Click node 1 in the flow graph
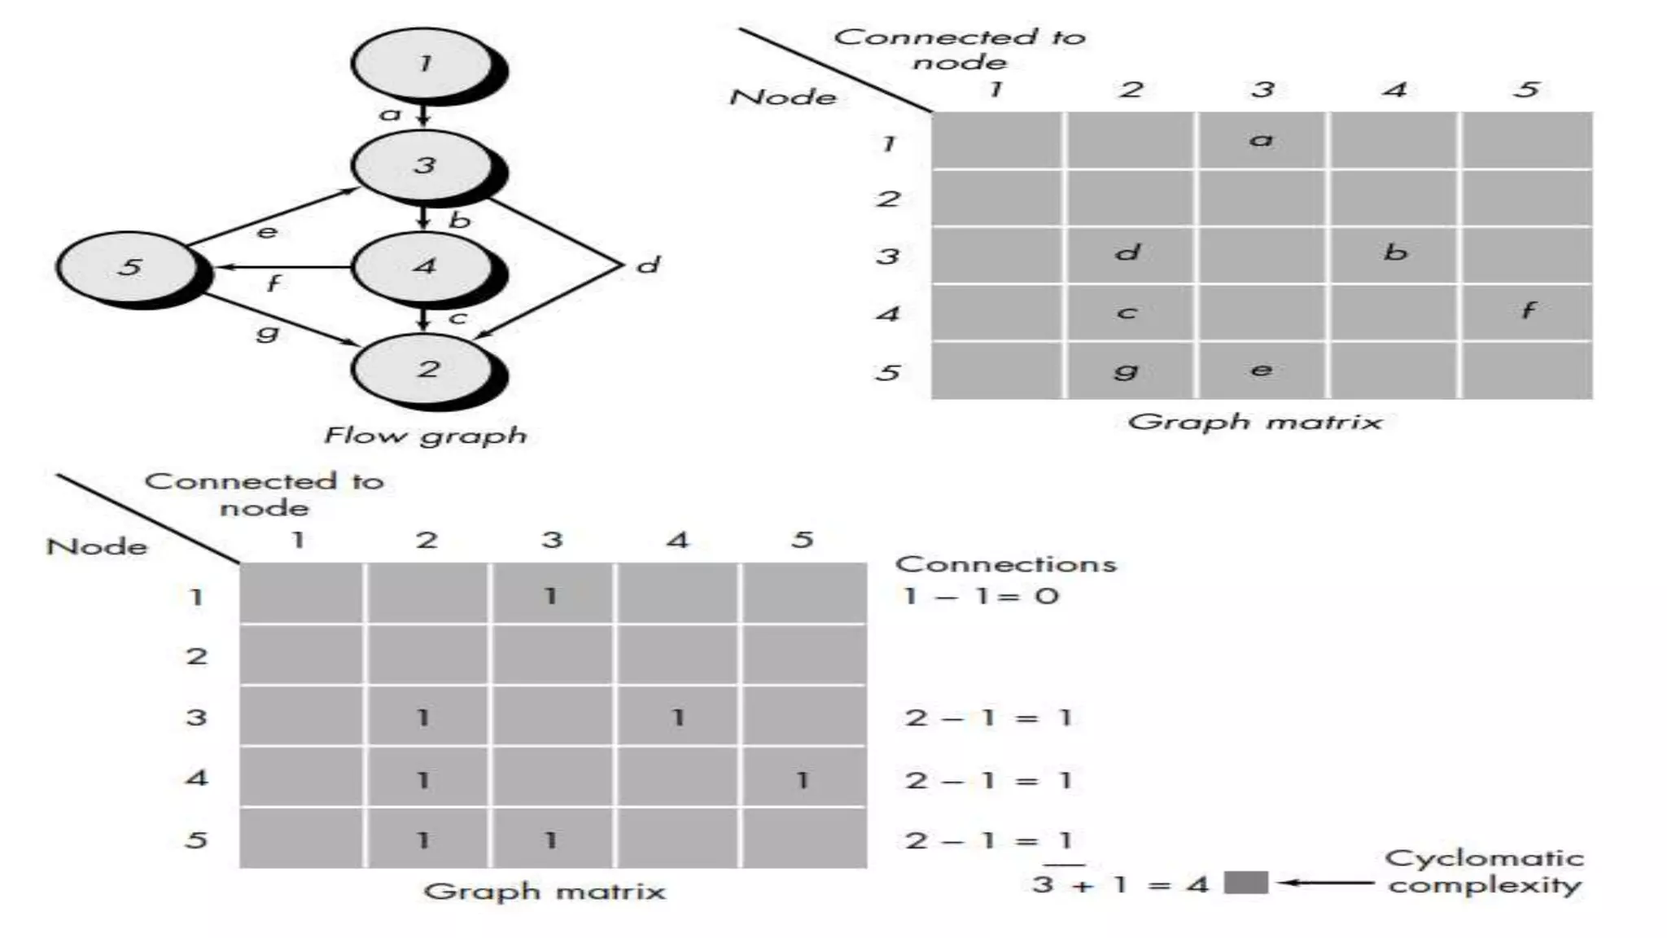tap(423, 64)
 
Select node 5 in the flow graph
tap(129, 266)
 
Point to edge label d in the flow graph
tap(648, 265)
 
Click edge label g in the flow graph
tap(268, 331)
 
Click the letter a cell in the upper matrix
tap(1261, 140)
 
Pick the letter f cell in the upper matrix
tap(1528, 311)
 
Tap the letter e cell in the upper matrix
tap(1261, 370)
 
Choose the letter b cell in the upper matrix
tap(1395, 253)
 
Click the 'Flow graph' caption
tap(426, 436)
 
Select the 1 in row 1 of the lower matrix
tap(551, 595)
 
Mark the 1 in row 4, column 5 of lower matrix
tap(803, 779)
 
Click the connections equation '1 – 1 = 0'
tap(981, 596)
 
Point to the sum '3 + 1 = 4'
tap(1120, 884)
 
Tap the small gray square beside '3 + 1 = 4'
tap(1246, 883)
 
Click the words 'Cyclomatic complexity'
tap(1485, 871)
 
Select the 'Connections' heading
tap(1006, 564)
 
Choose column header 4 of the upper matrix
tap(1395, 90)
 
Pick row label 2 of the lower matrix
tap(196, 655)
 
